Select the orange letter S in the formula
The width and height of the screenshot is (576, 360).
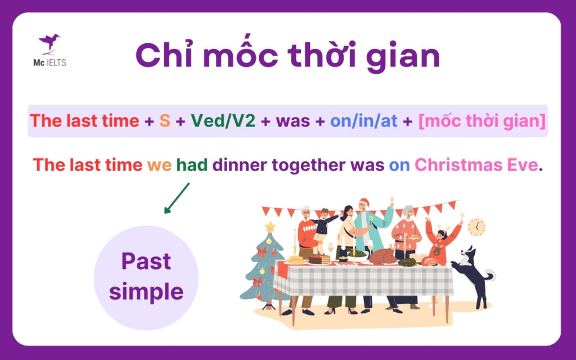(165, 121)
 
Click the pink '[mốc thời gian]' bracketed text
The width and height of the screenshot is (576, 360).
(481, 121)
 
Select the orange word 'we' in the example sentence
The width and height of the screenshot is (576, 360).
(159, 165)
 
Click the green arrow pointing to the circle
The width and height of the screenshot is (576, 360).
(177, 197)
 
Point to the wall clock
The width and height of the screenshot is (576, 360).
(476, 227)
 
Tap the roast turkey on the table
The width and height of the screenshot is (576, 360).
(382, 256)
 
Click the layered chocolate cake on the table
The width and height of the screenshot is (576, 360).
(319, 259)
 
